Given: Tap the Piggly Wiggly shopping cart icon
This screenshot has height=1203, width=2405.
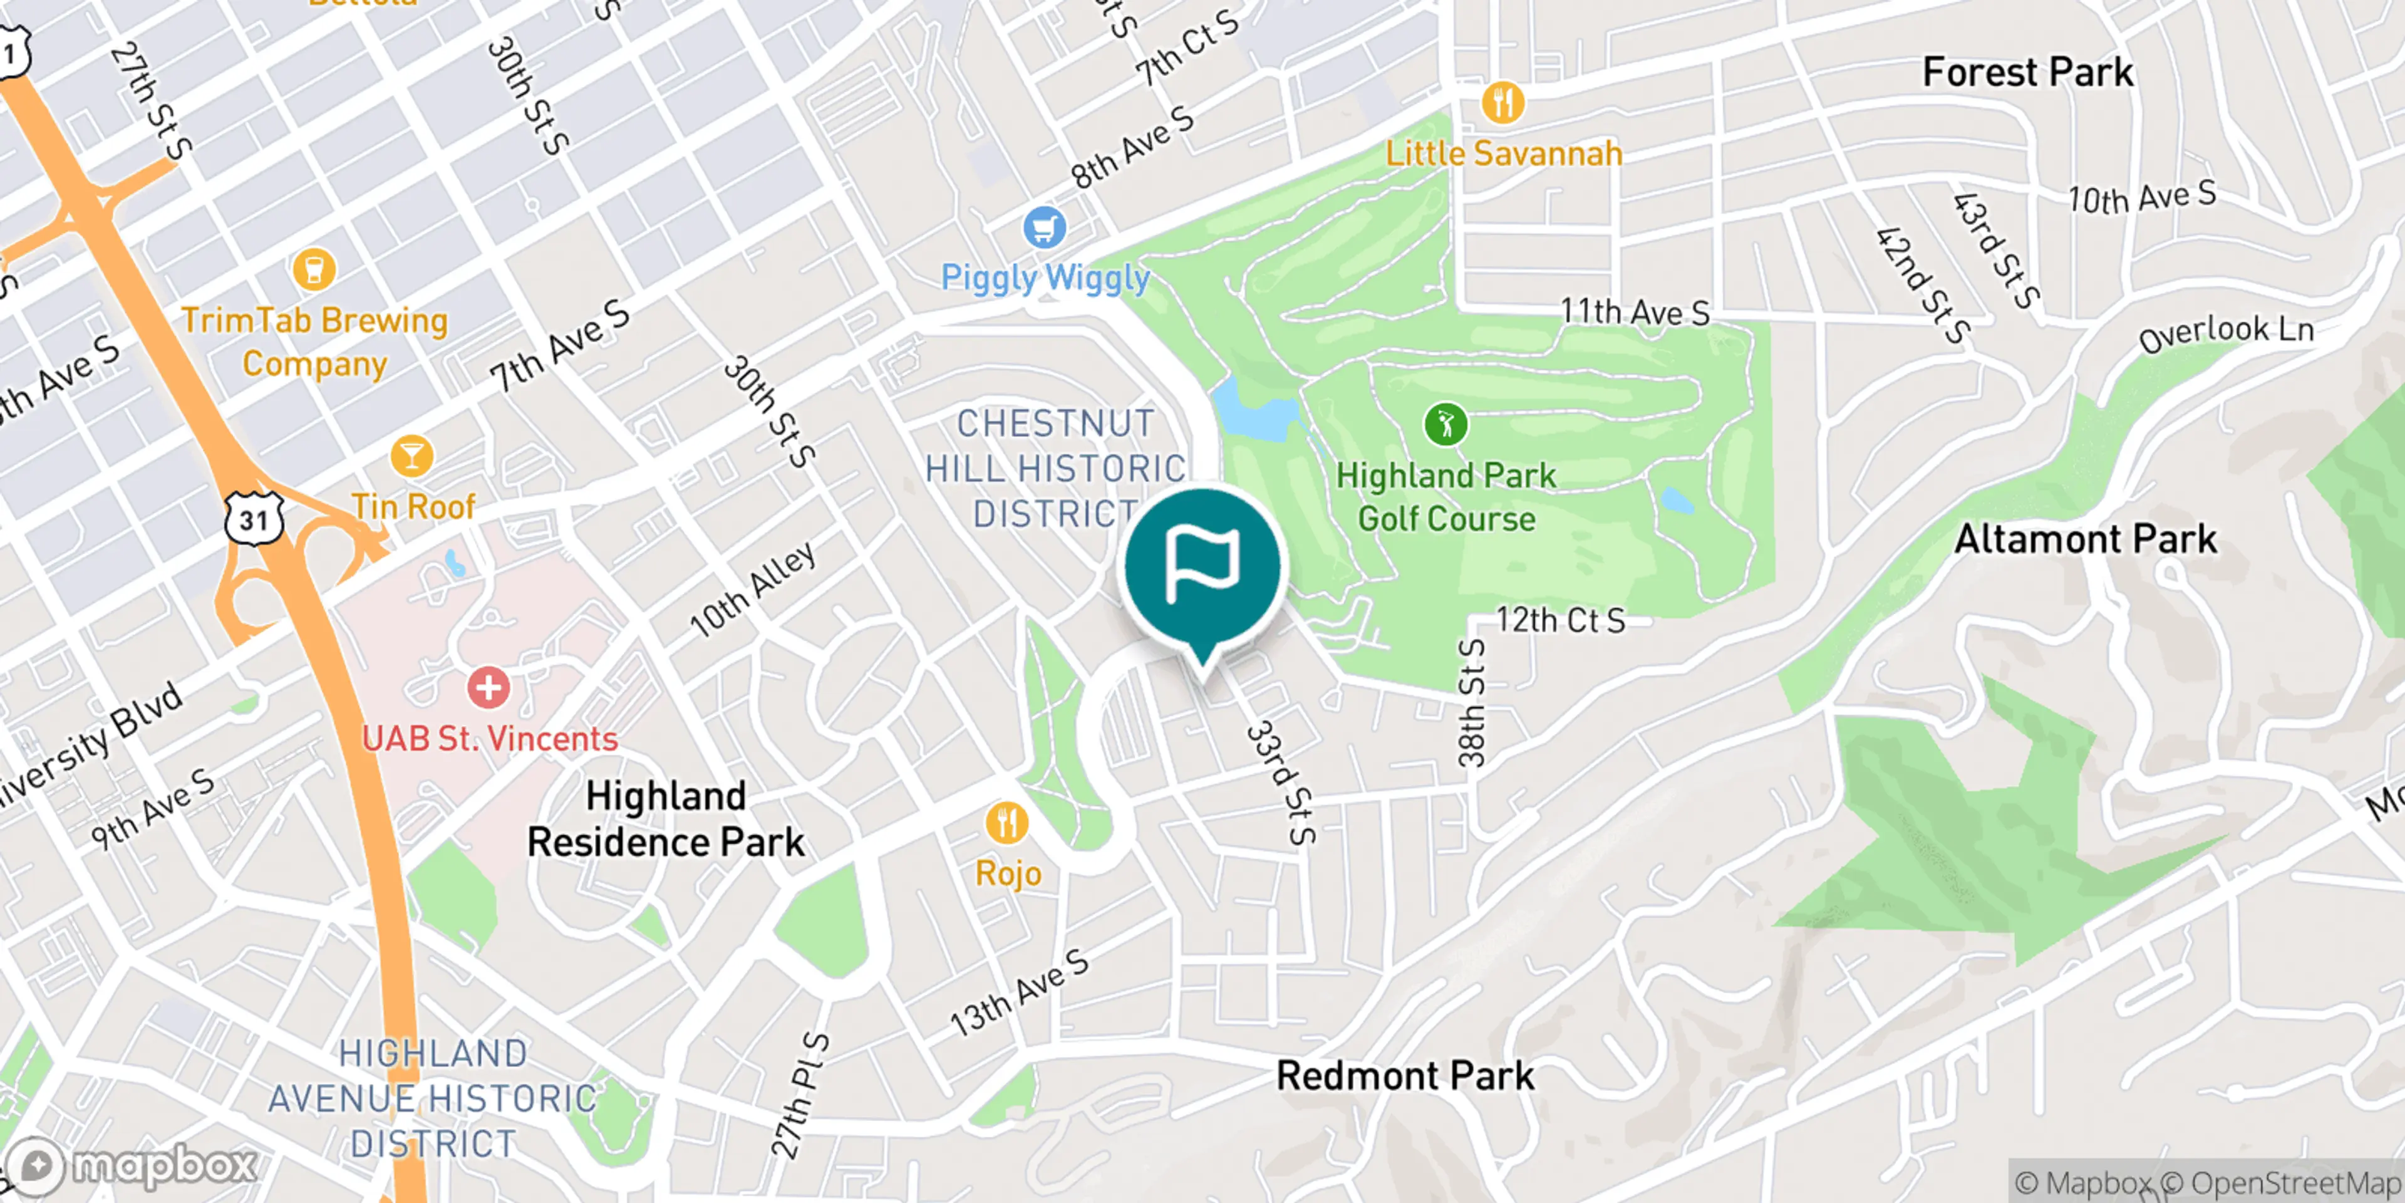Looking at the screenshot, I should [1044, 227].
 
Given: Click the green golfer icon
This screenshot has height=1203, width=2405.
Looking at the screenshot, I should [1446, 425].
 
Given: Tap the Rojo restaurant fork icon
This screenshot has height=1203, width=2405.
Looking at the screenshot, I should [1006, 823].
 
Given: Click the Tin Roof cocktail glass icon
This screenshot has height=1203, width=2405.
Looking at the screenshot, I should [411, 456].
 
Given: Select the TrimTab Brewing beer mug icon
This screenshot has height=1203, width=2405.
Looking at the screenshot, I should [314, 269].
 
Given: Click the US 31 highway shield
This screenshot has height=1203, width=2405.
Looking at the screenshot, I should [254, 519].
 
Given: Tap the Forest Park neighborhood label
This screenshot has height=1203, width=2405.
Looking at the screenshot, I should [2028, 73].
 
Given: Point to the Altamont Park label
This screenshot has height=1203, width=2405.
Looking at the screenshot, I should [2085, 539].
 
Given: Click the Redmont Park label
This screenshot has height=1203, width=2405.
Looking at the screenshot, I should [1404, 1076].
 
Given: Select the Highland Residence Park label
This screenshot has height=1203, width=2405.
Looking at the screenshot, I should [666, 819].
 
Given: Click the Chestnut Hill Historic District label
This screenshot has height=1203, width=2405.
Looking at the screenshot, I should [1055, 469].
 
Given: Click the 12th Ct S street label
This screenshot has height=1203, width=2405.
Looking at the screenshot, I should [1560, 620].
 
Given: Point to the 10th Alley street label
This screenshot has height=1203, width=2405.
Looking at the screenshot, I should [752, 590].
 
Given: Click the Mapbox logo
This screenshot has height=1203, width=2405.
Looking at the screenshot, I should [131, 1165].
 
